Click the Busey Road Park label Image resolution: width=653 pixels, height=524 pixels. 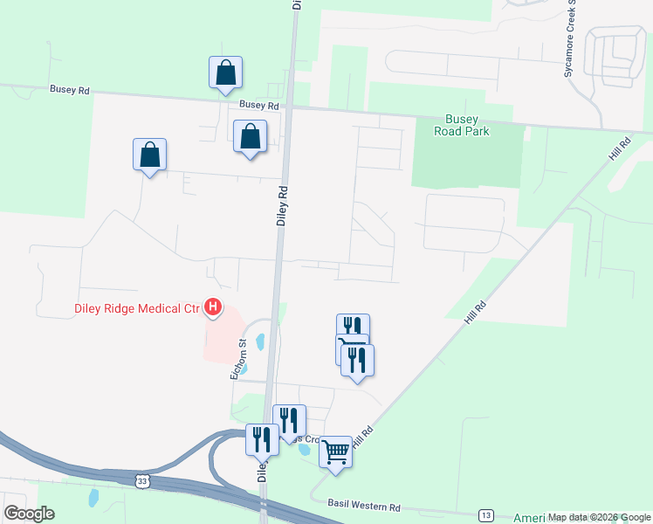462,125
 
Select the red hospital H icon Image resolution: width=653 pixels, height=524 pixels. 212,307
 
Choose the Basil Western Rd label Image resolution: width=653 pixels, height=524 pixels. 363,506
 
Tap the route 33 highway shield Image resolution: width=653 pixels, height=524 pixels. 142,480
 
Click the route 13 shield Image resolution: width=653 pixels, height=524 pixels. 486,514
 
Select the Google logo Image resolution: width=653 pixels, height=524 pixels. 29,513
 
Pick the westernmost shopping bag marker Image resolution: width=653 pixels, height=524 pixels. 149,155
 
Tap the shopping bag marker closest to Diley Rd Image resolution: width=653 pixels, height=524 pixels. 250,136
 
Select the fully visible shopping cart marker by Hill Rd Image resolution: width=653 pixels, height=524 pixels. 335,452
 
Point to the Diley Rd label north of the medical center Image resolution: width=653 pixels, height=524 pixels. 282,205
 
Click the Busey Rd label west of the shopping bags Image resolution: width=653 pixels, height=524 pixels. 70,90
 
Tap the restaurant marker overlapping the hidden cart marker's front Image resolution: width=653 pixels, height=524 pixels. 357,359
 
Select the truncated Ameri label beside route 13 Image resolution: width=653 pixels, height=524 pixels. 528,518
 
